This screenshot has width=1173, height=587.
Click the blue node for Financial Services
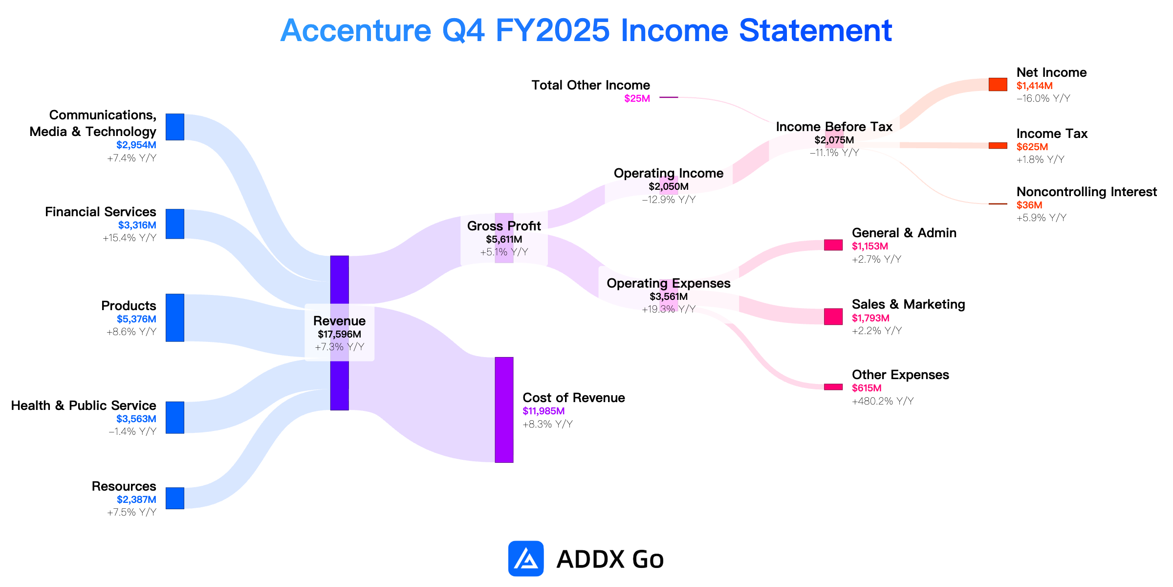175,224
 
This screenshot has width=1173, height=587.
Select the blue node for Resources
175,498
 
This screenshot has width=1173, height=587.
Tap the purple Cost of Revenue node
504,410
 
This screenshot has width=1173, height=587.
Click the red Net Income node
998,84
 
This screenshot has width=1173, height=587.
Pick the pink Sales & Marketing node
833,316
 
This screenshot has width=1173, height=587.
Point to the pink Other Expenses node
833,387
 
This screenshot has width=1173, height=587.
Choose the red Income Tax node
998,145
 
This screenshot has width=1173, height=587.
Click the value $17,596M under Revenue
339,334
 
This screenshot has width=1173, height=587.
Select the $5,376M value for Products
136,319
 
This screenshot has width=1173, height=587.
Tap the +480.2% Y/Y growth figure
883,401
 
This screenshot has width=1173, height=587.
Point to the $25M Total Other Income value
637,98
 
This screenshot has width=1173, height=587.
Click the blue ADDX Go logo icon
526,558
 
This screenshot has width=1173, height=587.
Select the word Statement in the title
815,30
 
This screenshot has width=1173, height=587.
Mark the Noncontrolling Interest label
1086,192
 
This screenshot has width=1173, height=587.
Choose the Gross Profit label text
504,226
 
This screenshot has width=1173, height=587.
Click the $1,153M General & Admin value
870,246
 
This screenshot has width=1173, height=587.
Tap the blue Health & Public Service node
175,417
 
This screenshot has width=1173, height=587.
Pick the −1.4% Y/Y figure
132,431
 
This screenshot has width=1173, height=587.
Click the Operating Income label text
669,173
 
